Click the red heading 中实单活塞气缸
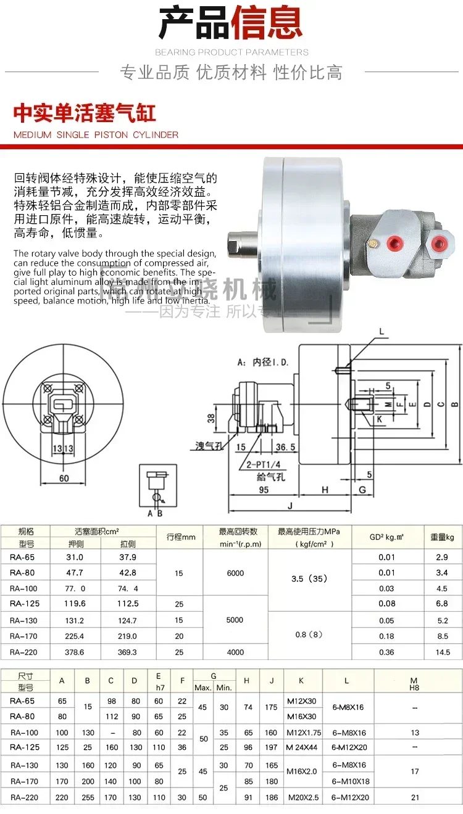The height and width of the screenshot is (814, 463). pos(85,113)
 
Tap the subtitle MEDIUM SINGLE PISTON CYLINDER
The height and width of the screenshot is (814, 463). pos(96,134)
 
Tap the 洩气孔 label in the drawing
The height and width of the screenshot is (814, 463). pos(209,445)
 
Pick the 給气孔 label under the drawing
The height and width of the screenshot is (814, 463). pos(270,477)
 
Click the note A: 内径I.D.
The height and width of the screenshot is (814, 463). pos(262,363)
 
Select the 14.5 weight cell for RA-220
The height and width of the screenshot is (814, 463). pos(443,652)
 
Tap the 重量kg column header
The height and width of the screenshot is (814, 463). pos(443,537)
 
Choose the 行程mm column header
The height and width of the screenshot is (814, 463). pos(181,537)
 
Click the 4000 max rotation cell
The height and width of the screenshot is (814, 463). pos(235,652)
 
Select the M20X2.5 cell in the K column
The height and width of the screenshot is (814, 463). pos(302,797)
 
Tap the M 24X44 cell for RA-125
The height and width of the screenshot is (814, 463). pos(302,747)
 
